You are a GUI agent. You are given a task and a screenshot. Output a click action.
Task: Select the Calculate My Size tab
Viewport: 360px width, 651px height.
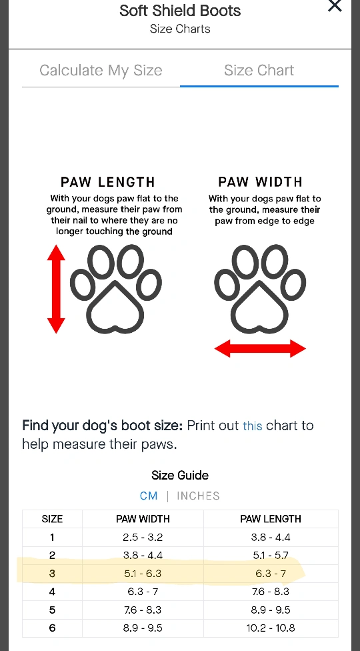[x=101, y=70]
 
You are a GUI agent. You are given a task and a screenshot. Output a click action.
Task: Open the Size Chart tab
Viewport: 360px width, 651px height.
[x=259, y=70]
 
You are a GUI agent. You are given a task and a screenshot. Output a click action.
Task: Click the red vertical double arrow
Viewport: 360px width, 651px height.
[x=56, y=289]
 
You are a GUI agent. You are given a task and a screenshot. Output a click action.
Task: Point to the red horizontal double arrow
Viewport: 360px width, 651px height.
[x=260, y=348]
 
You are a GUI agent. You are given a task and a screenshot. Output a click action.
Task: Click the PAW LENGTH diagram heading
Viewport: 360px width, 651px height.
[x=108, y=182]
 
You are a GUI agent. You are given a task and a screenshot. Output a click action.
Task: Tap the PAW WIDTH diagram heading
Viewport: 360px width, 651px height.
[x=261, y=182]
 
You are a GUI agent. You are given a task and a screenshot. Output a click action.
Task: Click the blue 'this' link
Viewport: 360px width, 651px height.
[x=252, y=426]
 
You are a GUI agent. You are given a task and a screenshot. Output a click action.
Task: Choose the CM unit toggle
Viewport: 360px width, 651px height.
[x=149, y=496]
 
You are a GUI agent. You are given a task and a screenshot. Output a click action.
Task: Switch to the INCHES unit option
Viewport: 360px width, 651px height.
[x=198, y=496]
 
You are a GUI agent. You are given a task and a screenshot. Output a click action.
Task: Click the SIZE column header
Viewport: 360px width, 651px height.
[x=52, y=518]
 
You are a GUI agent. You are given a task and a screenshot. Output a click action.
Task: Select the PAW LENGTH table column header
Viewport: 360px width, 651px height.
[x=271, y=518]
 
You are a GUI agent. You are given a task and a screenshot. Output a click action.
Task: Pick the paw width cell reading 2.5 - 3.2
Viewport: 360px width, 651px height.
[x=143, y=537]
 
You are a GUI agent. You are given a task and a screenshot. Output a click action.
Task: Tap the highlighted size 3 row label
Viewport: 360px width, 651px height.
[x=52, y=574]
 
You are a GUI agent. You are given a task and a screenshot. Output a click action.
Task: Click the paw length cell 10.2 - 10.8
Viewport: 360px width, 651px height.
[x=271, y=628]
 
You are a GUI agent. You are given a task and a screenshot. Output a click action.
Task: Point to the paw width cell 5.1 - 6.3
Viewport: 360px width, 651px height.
[x=143, y=574]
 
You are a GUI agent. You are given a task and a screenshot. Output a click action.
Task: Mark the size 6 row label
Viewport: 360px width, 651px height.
[x=52, y=628]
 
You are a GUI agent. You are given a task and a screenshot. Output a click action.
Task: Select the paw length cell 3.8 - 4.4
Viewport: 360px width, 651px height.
[x=271, y=537]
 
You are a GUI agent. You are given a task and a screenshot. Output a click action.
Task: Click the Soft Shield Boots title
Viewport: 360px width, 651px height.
[x=180, y=11]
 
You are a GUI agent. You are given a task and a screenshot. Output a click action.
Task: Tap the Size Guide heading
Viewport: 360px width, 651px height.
[x=180, y=475]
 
